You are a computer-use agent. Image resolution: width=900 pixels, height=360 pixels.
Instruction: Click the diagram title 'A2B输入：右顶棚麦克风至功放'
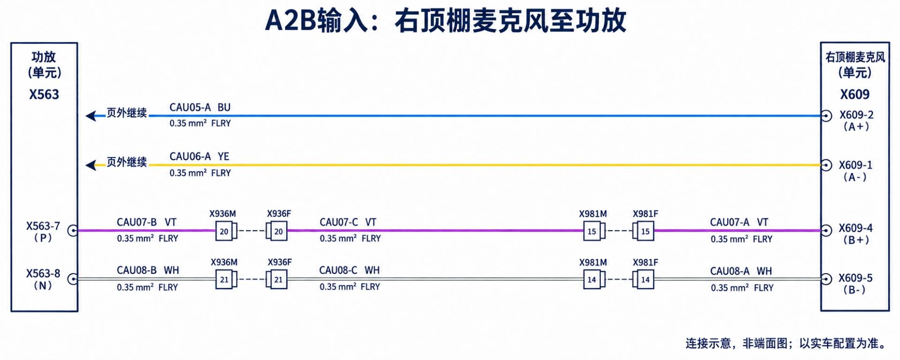pos(446,21)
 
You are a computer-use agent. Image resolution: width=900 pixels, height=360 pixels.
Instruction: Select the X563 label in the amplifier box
pos(44,94)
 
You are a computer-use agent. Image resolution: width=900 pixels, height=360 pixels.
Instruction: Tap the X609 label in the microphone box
pos(855,94)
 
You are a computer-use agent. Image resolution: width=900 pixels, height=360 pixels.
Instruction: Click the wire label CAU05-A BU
pos(200,107)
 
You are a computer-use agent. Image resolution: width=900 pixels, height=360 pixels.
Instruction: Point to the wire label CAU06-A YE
pos(199,157)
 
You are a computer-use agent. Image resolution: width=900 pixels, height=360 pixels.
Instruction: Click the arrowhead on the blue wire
pos(91,115)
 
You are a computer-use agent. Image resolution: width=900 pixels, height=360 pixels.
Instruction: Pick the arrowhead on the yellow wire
pos(91,165)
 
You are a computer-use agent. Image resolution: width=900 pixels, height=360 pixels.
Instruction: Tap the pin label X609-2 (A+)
pos(856,120)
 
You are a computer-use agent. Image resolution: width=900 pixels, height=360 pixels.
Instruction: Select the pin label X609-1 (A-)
pos(855,171)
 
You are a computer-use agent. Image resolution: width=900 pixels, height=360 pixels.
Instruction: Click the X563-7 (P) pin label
pos(43,232)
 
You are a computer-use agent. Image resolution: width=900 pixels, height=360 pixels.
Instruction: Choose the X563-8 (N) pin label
pos(43,279)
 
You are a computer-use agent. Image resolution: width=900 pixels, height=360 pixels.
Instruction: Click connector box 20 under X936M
pos(224,231)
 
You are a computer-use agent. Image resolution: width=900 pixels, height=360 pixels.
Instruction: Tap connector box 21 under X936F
pos(278,280)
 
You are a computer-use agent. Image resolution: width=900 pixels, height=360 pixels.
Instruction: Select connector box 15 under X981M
pos(592,231)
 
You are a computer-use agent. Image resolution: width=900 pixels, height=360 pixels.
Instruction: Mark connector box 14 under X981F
pos(645,280)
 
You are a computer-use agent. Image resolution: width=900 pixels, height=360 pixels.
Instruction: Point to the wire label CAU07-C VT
pos(348,222)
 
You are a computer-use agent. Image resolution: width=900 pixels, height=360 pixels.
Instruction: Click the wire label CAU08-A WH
pos(741,271)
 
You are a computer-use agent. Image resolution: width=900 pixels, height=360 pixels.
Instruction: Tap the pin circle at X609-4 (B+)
pos(826,230)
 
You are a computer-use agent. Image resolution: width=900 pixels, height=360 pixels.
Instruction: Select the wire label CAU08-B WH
pos(148,270)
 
